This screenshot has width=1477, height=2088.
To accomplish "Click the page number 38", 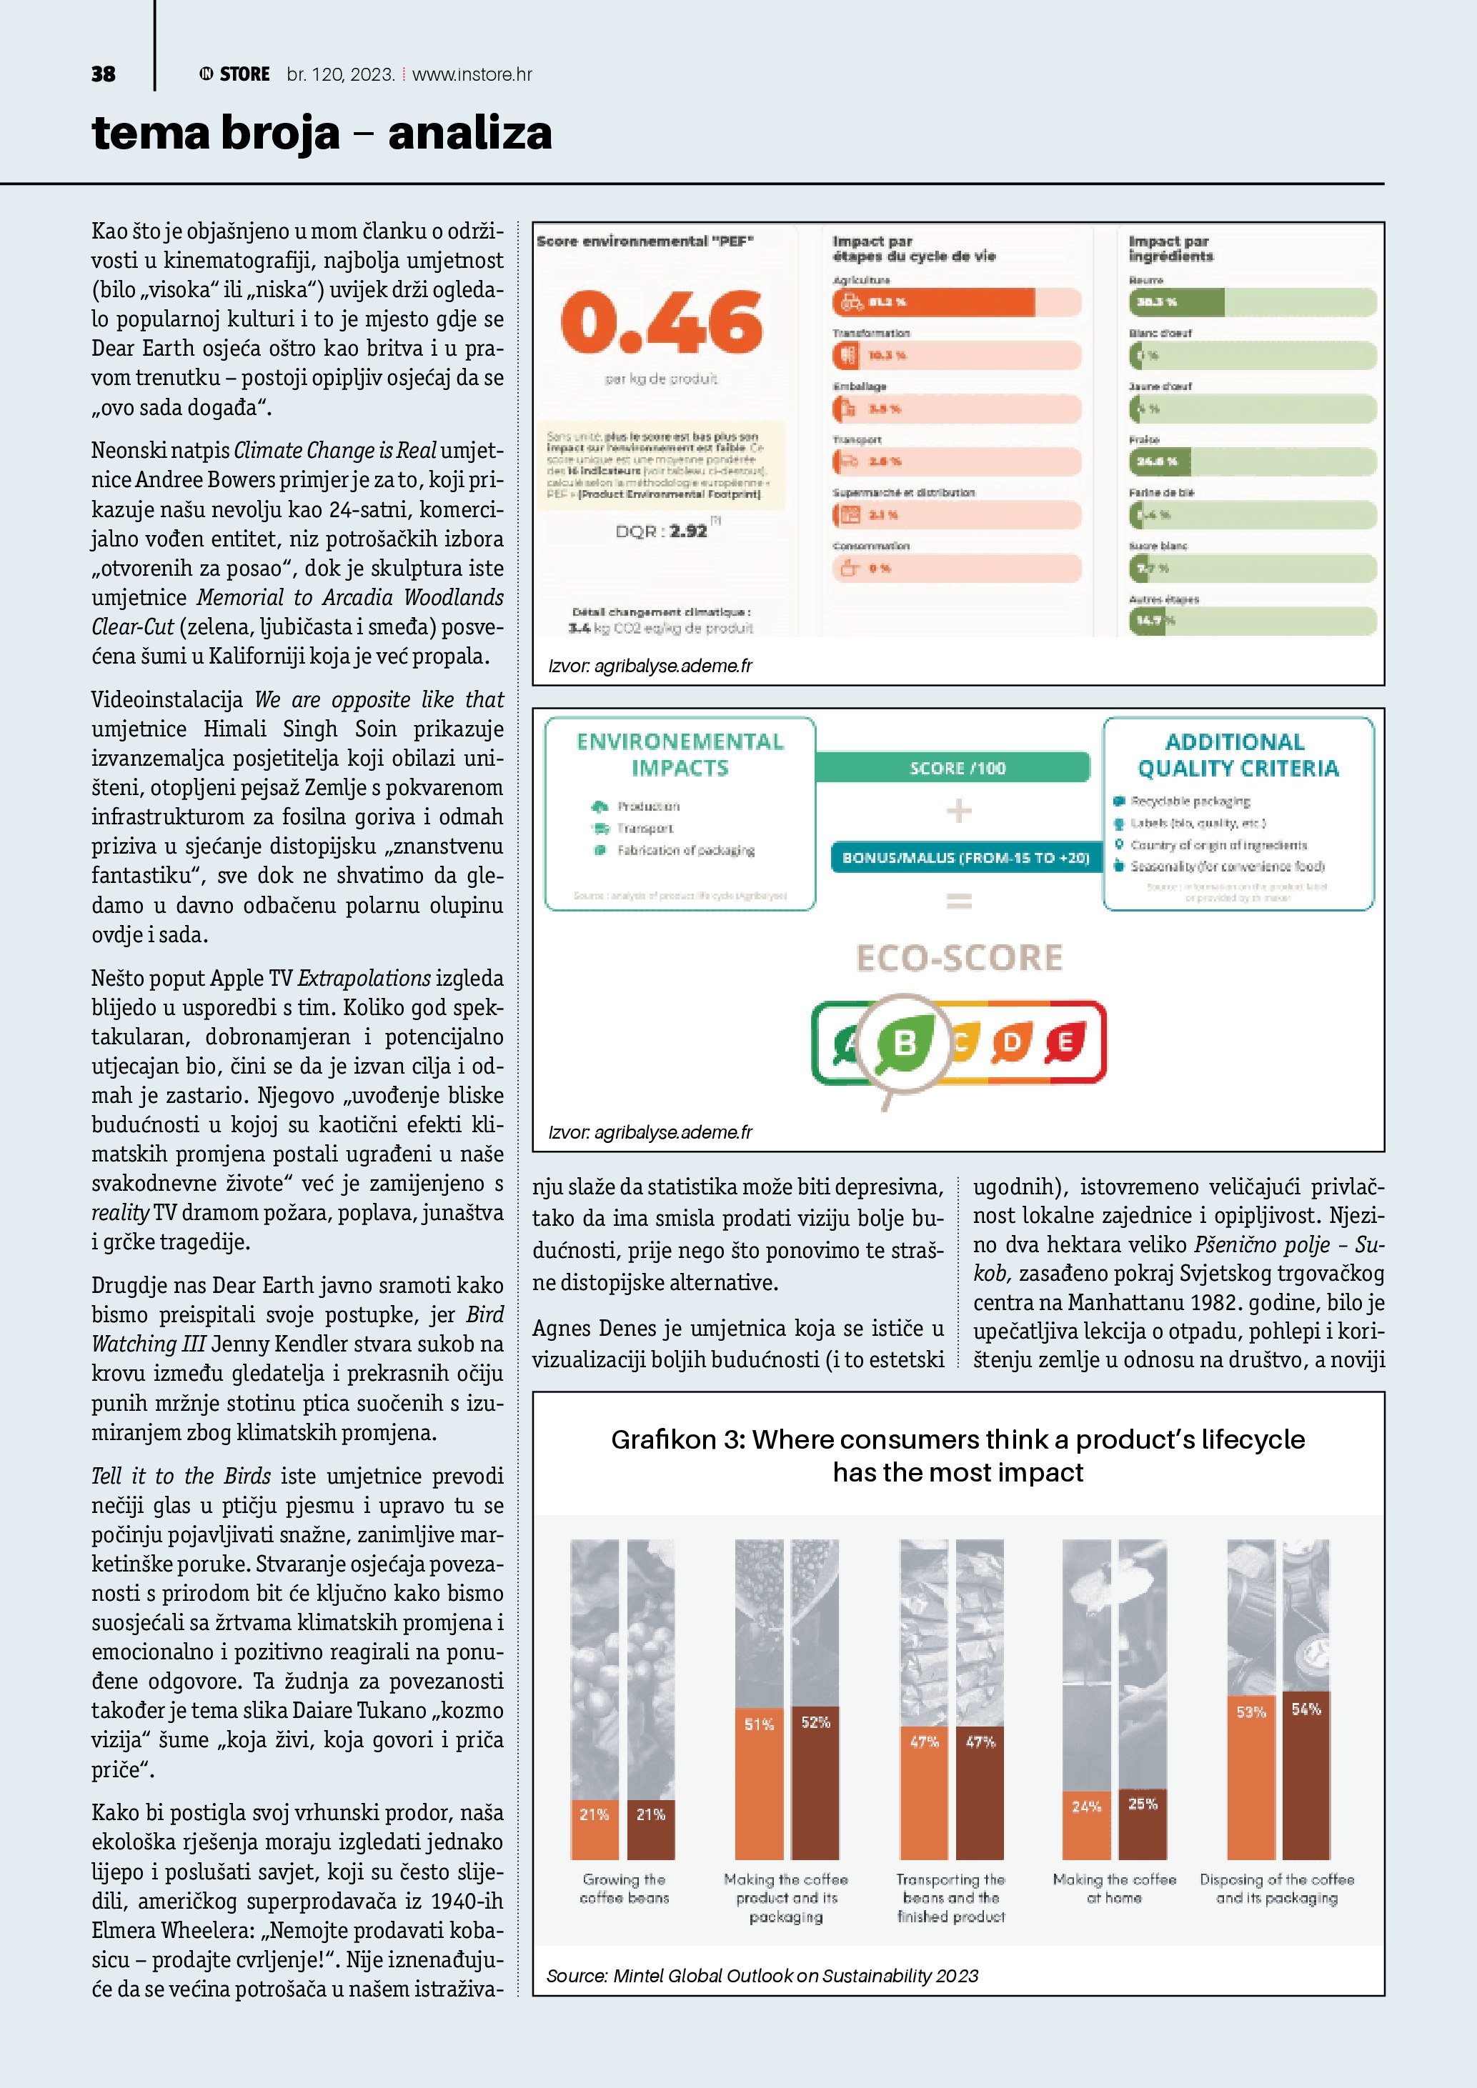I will click(x=103, y=74).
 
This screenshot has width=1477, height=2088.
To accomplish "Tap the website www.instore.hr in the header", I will click(x=472, y=74).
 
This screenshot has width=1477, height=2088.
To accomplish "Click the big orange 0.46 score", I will click(x=661, y=323).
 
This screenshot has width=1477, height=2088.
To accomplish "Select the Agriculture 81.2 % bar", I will click(x=934, y=302).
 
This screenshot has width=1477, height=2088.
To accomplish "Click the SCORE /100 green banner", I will click(x=957, y=767).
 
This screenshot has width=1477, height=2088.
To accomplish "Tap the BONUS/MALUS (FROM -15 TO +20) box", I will click(x=965, y=858).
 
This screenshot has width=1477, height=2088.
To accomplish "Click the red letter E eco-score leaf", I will click(x=1065, y=1043).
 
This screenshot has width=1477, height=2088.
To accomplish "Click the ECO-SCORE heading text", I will click(x=959, y=958).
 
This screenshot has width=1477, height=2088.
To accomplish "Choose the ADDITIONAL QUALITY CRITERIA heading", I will click(x=1238, y=755).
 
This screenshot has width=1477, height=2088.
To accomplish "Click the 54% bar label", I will click(x=1306, y=1709).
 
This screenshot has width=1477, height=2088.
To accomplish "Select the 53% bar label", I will click(x=1251, y=1712).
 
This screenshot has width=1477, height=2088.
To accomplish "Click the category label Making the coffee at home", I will click(x=1114, y=1888).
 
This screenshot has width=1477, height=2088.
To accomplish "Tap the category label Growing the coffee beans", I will click(x=624, y=1888).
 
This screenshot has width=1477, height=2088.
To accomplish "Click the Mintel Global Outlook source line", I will click(x=762, y=1976).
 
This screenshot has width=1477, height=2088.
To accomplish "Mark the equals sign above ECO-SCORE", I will click(x=960, y=901).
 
